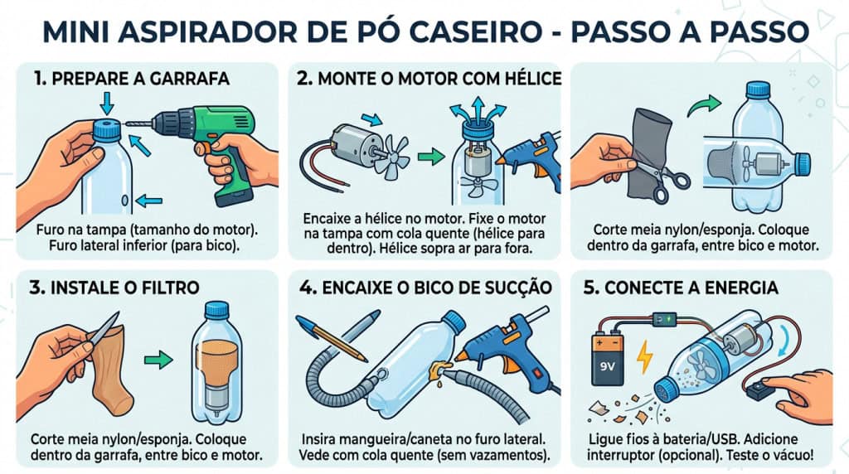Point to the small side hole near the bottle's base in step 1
point(126,201)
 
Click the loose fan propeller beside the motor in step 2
point(392,157)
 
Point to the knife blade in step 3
point(104,328)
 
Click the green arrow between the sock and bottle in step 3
point(158,360)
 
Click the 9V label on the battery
point(608,367)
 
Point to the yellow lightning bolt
point(644,357)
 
